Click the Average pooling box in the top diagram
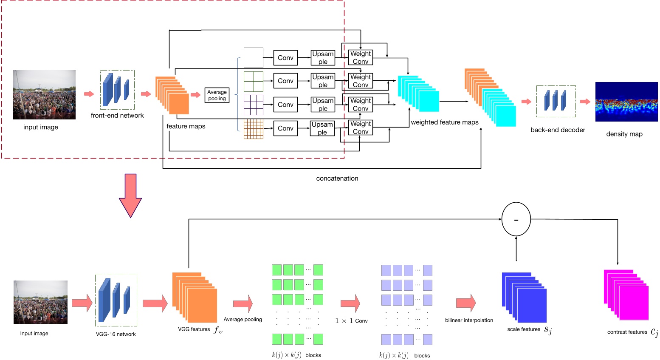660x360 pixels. pos(217,95)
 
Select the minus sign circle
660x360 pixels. pos(516,219)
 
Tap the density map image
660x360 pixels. pos(626,102)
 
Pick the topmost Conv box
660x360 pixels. pos(285,58)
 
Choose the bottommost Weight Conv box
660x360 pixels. pos(361,128)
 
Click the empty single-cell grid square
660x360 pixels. pos(254,58)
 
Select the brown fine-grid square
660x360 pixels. pos(254,129)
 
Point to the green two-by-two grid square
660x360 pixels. pos(254,81)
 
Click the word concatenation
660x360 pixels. pos(337,179)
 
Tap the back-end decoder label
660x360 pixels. pos(558,130)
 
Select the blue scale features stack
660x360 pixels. pos(524,297)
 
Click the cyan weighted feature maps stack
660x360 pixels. pos(418,94)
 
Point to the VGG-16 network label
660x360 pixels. pos(116,334)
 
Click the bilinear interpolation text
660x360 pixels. pos(469,320)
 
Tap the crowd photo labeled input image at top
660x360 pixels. pos(44,94)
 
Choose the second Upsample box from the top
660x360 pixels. pos(323,81)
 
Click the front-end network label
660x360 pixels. pos(117,116)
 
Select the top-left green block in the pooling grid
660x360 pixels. pos(276,270)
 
